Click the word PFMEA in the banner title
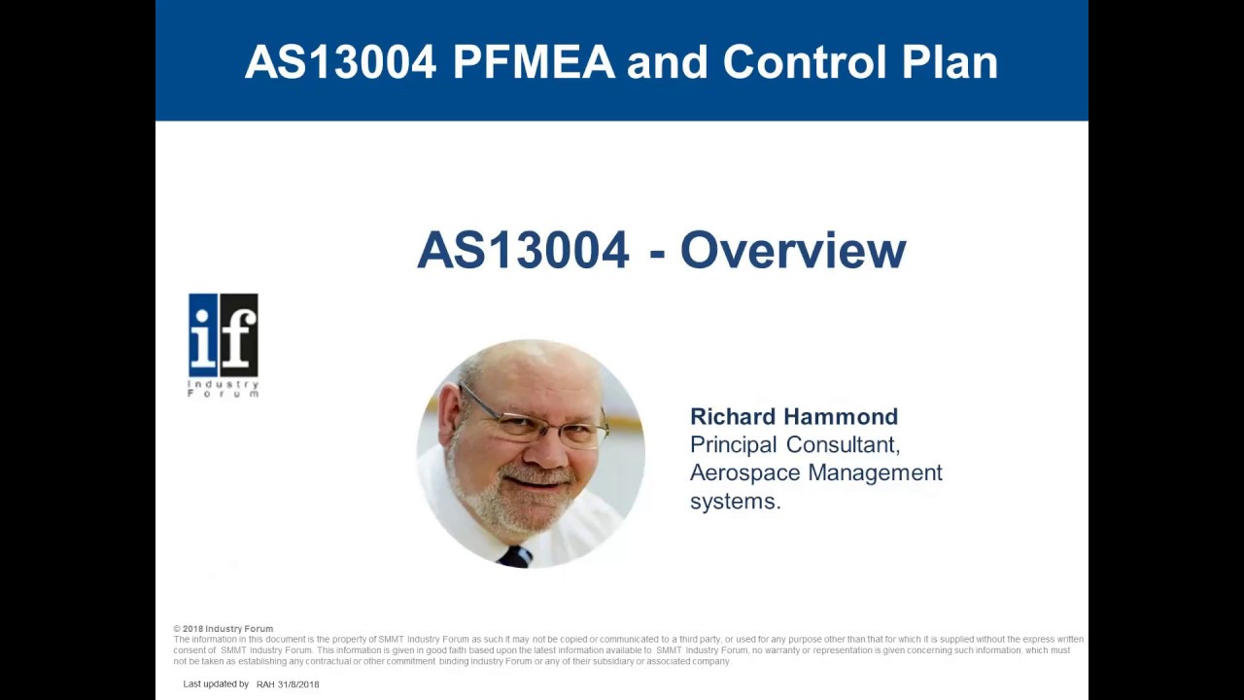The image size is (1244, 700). pos(534,62)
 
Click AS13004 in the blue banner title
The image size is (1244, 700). pos(340,62)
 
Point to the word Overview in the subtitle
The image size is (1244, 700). pos(792,251)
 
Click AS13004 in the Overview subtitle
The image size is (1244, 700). pos(523,251)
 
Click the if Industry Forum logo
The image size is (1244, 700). pos(224,344)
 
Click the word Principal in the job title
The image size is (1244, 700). pos(734,445)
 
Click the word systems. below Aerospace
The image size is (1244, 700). pos(735,502)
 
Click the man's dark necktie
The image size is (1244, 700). pos(515,556)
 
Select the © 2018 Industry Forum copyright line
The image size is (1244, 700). pos(224,629)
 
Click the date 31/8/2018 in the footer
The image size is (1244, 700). pos(298,684)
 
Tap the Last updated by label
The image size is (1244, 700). pos(216,684)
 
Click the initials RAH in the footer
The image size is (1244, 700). pos(265,684)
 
